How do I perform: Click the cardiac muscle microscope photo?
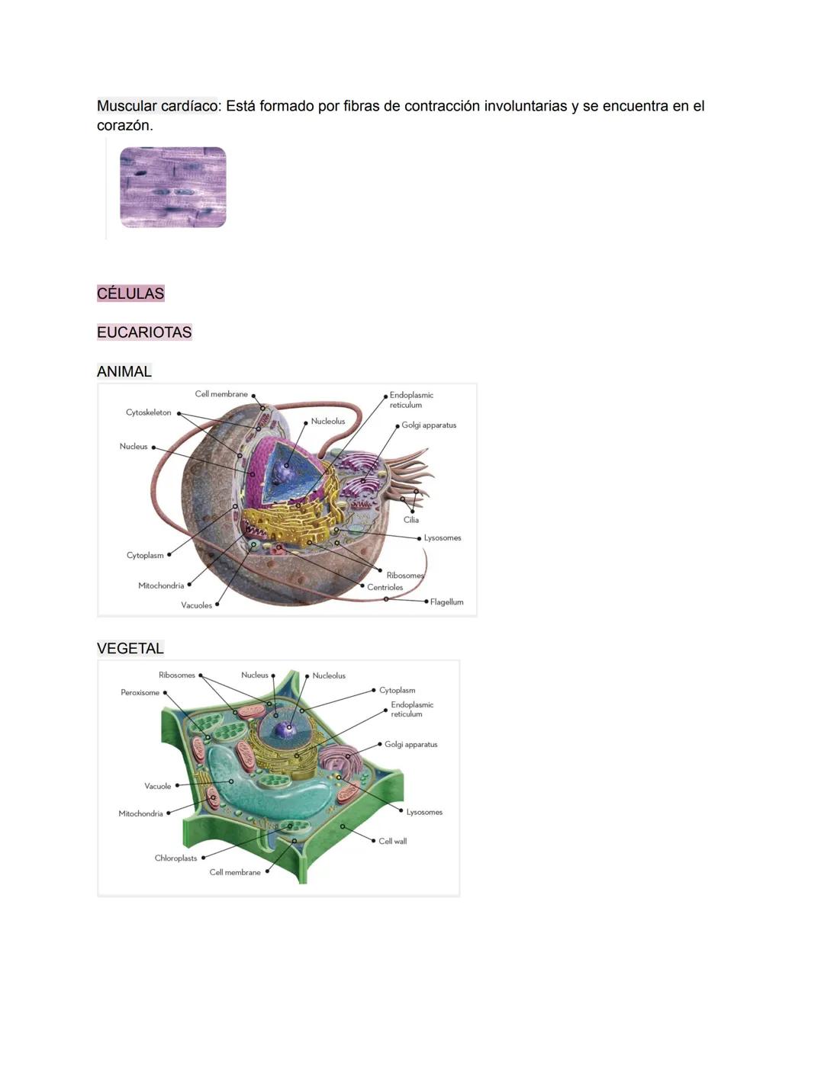tap(173, 188)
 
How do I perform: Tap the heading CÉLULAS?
tap(130, 294)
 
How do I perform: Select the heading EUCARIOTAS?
tap(144, 332)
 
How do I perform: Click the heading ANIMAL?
tap(124, 371)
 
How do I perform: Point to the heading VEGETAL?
tap(130, 649)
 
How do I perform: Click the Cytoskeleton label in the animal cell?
tap(149, 412)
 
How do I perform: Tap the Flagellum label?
tap(446, 602)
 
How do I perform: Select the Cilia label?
tap(411, 520)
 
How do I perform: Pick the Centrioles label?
tap(385, 588)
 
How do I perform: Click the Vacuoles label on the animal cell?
tap(196, 605)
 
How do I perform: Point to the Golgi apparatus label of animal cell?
tap(429, 425)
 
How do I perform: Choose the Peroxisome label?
tap(140, 693)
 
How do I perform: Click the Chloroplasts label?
tap(175, 858)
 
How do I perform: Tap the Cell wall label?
tap(392, 842)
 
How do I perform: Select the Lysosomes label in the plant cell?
tap(424, 813)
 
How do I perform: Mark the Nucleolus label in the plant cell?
tap(329, 676)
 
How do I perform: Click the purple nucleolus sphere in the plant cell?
tap(285, 730)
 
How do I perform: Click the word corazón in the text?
tap(124, 126)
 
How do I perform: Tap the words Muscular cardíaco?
tap(157, 106)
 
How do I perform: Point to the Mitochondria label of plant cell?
tap(141, 814)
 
